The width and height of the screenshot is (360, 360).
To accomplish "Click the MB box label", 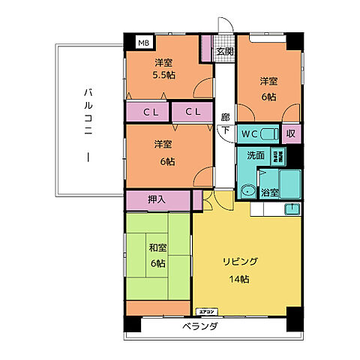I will (142, 43).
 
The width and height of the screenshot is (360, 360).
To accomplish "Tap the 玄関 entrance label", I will (224, 52).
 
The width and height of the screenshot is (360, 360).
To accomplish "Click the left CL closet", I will (151, 112).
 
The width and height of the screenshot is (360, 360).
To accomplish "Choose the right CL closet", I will (193, 112).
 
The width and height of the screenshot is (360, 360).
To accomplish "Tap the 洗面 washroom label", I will (255, 156).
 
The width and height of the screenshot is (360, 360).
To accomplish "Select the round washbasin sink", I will (247, 190).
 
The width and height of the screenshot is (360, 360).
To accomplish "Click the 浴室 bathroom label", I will (269, 193).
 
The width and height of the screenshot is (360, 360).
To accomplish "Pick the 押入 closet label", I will (157, 199).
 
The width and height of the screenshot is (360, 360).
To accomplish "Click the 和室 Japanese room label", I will (157, 255).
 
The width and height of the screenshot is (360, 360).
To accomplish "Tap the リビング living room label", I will (239, 261).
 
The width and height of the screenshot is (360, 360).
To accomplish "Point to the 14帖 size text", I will (239, 279).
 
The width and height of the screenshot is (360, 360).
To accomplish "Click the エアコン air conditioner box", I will (206, 311).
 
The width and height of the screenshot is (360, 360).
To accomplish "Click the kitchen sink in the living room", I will (294, 208).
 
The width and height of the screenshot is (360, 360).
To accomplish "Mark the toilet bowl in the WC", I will (270, 134).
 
